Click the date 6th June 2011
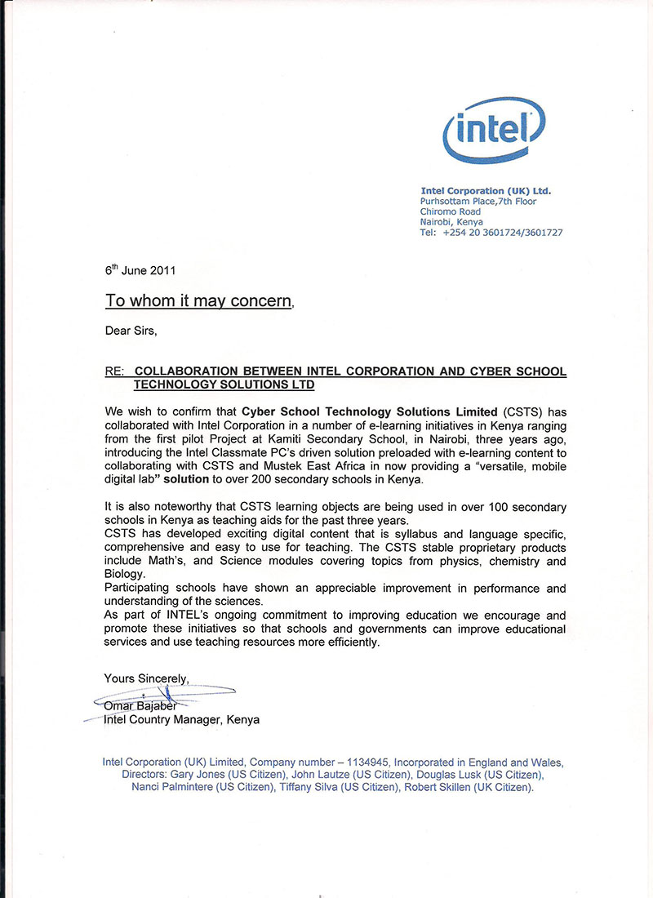point(140,269)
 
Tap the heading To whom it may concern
point(198,301)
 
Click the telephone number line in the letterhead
point(491,233)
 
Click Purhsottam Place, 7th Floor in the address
point(478,201)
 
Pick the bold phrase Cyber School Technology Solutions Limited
point(369,411)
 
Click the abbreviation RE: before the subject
point(114,371)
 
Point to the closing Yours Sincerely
point(146,678)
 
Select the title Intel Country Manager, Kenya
point(181,720)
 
